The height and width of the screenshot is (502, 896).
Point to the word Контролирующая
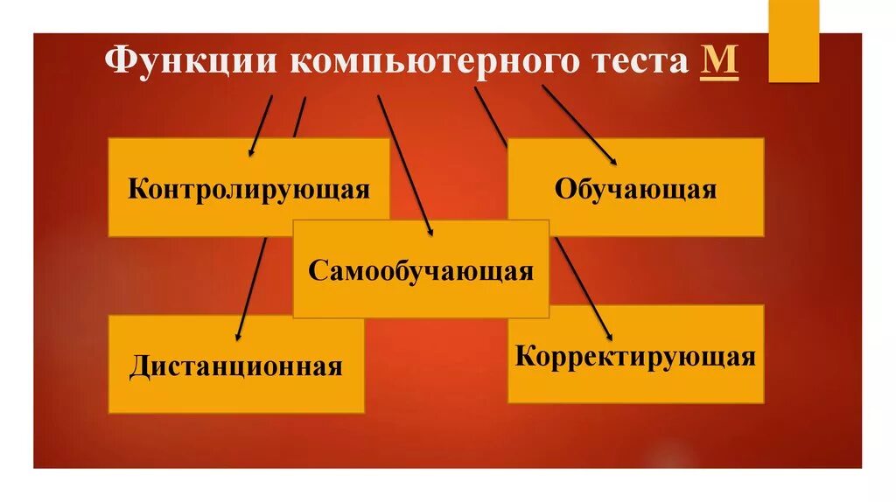click(248, 189)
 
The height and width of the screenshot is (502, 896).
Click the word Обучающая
click(635, 189)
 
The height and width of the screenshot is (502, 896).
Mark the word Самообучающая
click(420, 269)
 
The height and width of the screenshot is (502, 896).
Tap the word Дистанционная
click(235, 365)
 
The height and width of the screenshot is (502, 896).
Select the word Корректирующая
click(635, 357)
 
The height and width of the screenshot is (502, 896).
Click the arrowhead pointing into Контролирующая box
click(251, 151)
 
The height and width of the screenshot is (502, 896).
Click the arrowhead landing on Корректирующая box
click(608, 333)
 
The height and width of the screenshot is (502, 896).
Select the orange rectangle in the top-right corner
click(794, 40)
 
